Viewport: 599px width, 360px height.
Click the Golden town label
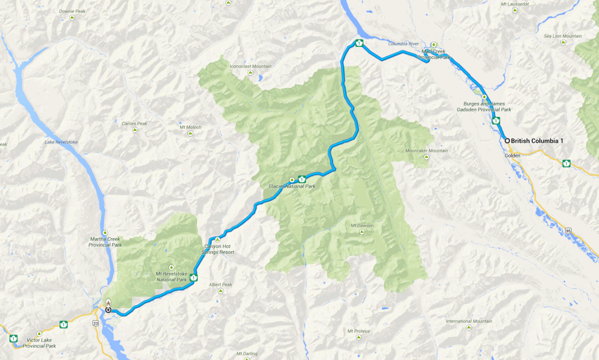click(x=513, y=156)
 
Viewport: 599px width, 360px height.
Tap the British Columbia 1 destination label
click(x=537, y=141)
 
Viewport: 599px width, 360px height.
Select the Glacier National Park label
click(x=292, y=186)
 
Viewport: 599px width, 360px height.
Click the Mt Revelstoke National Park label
click(x=171, y=277)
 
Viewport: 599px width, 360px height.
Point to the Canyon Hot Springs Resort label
click(x=218, y=249)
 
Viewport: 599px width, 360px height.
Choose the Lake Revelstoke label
click(x=61, y=142)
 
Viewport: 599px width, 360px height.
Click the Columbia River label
click(x=403, y=44)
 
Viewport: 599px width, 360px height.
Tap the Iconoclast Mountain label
click(x=251, y=66)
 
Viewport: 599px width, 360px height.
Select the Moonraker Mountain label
click(x=426, y=151)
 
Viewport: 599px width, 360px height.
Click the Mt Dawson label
click(x=362, y=226)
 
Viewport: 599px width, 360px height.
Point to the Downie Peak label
click(x=73, y=11)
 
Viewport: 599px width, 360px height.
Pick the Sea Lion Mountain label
click(x=563, y=36)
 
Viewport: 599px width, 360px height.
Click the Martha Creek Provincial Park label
click(x=105, y=242)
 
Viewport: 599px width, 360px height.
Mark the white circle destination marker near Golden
click(x=507, y=141)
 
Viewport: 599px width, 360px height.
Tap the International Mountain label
click(x=469, y=321)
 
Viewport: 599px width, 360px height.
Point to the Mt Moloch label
click(x=190, y=127)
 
